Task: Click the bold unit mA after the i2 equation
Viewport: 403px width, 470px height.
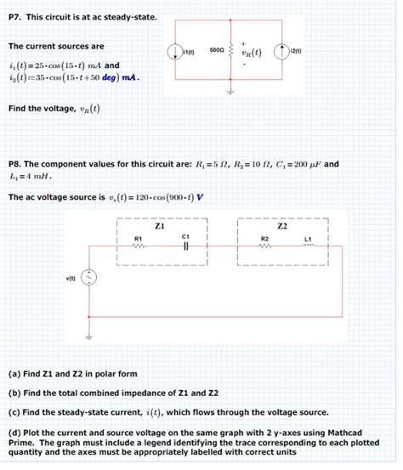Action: coord(128,80)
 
